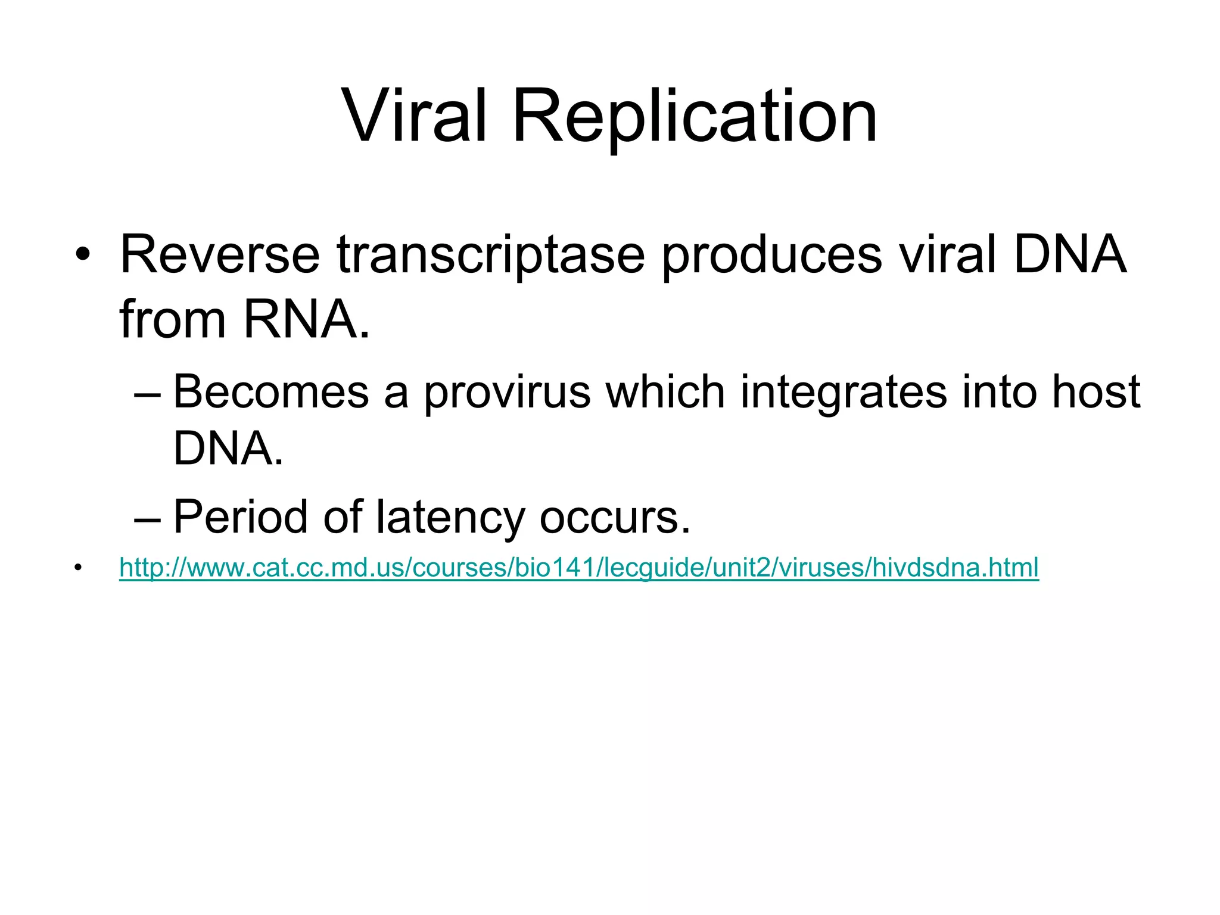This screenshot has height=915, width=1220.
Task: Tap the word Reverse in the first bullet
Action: click(x=220, y=255)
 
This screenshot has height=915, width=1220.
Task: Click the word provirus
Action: click(x=507, y=393)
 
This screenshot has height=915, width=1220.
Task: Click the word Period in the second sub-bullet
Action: click(x=241, y=516)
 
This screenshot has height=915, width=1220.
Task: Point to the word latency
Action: click(x=450, y=518)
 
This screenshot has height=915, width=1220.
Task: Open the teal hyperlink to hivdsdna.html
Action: click(x=578, y=567)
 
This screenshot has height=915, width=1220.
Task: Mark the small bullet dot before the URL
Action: click(x=77, y=567)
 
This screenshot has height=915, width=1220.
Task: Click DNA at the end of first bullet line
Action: click(x=1069, y=255)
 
